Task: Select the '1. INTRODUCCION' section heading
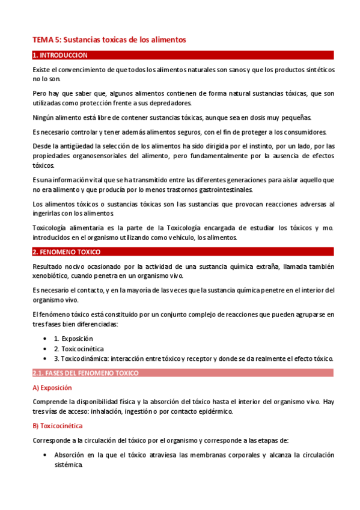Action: pos(60,55)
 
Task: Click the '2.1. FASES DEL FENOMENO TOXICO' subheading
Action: pos(85,373)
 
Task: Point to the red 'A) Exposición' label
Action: pos(52,387)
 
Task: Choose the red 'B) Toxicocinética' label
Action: pos(58,426)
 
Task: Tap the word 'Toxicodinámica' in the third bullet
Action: pos(93,358)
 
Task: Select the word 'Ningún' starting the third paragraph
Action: pos(43,117)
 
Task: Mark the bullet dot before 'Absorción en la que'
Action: pos(47,455)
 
